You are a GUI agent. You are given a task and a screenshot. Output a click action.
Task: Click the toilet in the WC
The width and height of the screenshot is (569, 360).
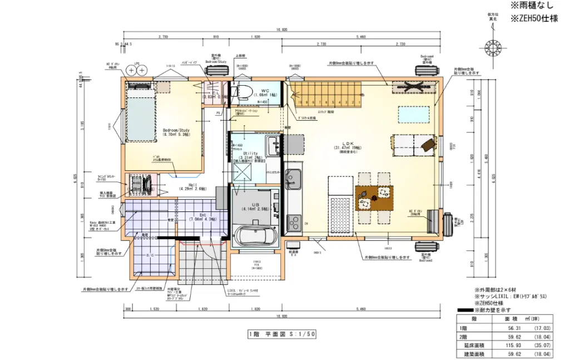(243, 92)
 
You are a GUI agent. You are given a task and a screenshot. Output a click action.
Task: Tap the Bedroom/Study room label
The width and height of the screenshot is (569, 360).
(176, 132)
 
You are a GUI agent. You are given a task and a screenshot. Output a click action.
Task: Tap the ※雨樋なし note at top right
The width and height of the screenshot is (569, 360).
(532, 6)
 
